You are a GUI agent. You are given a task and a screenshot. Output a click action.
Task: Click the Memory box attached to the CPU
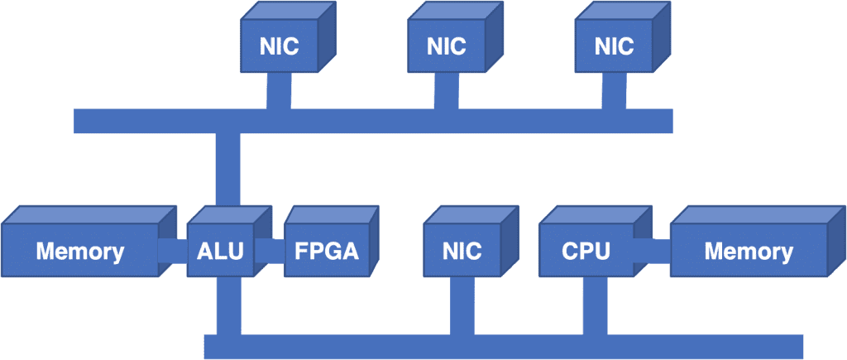coord(758,242)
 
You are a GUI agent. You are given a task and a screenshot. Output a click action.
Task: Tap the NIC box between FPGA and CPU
coord(471,242)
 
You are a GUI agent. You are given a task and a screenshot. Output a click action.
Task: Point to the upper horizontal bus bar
coord(373,121)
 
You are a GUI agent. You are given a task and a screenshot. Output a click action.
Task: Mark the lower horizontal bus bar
coord(504,347)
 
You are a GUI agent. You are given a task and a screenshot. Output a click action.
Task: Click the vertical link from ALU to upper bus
coord(228,169)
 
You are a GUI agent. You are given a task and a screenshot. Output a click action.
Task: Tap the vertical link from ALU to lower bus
coord(229,305)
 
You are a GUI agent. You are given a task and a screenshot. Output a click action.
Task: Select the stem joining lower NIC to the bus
coord(462,305)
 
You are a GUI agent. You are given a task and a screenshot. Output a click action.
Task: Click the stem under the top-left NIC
coord(280,91)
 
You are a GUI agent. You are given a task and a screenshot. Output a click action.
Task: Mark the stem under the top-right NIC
coord(615,91)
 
